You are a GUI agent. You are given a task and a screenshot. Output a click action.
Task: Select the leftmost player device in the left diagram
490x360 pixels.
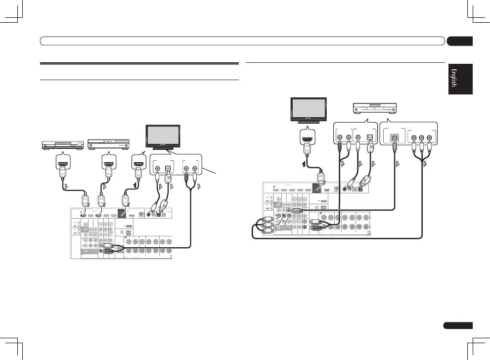[62, 144]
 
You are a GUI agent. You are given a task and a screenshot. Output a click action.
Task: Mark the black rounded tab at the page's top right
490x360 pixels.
[459, 42]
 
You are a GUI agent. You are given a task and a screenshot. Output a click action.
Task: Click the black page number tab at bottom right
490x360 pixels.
[458, 325]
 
